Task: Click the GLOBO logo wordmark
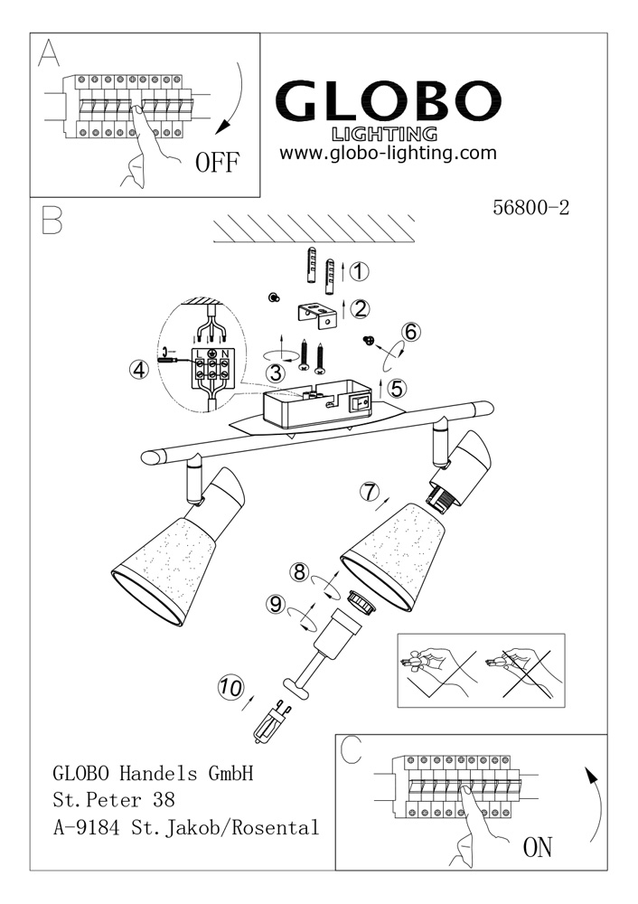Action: pyautogui.click(x=389, y=101)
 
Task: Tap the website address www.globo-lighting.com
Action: pyautogui.click(x=389, y=153)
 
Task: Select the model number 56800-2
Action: pyautogui.click(x=531, y=207)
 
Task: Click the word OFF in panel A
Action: pyautogui.click(x=218, y=163)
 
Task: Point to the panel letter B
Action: pyautogui.click(x=52, y=220)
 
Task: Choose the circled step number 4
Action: pyautogui.click(x=138, y=369)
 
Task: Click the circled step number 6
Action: pyautogui.click(x=410, y=332)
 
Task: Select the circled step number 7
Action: pyautogui.click(x=368, y=492)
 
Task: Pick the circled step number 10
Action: pyautogui.click(x=231, y=687)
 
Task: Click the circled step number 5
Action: pyautogui.click(x=398, y=387)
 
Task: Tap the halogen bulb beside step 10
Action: pyautogui.click(x=271, y=719)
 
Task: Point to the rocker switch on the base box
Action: pyautogui.click(x=361, y=399)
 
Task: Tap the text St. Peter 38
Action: pyautogui.click(x=113, y=800)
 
